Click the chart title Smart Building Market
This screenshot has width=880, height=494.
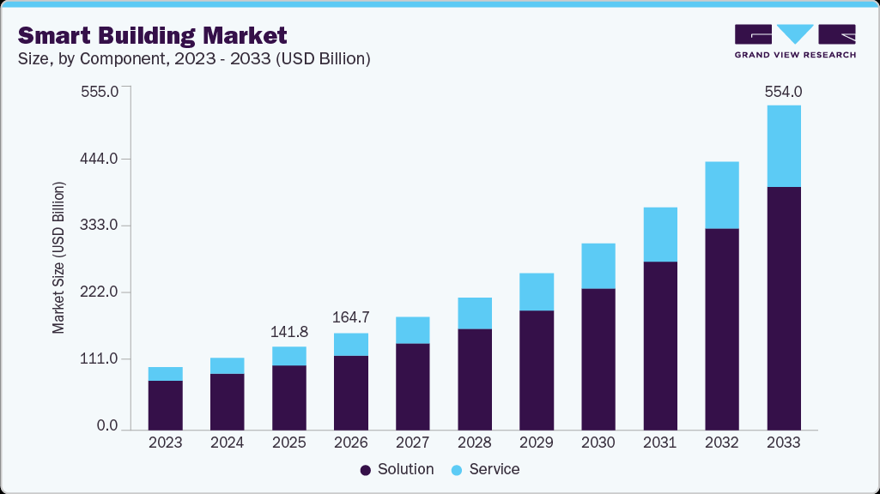pyautogui.click(x=152, y=35)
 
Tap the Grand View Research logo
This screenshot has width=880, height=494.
pyautogui.click(x=795, y=40)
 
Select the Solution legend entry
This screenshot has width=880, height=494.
pyautogui.click(x=398, y=469)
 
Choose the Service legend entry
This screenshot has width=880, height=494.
pyautogui.click(x=485, y=469)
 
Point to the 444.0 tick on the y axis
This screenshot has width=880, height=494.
pyautogui.click(x=101, y=160)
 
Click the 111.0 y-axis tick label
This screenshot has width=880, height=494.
pyautogui.click(x=101, y=359)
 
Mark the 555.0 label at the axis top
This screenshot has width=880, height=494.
pyautogui.click(x=101, y=92)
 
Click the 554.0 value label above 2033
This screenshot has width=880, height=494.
pyautogui.click(x=783, y=92)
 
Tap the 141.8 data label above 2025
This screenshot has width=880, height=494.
pyautogui.click(x=289, y=332)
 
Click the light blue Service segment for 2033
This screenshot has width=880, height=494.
pyautogui.click(x=783, y=146)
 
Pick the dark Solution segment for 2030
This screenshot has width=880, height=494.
pyautogui.click(x=598, y=358)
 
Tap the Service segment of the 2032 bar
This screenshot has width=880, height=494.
pyautogui.click(x=721, y=195)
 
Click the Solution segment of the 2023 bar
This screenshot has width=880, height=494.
pyautogui.click(x=165, y=405)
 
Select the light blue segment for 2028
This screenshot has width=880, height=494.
pyautogui.click(x=474, y=313)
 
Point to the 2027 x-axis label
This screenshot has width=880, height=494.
pyautogui.click(x=413, y=443)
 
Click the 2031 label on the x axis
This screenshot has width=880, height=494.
pyautogui.click(x=660, y=443)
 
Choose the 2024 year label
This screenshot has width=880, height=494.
pyautogui.click(x=228, y=443)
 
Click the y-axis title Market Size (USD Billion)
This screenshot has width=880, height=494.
pyautogui.click(x=58, y=257)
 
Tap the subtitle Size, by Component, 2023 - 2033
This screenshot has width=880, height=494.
pyautogui.click(x=194, y=59)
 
